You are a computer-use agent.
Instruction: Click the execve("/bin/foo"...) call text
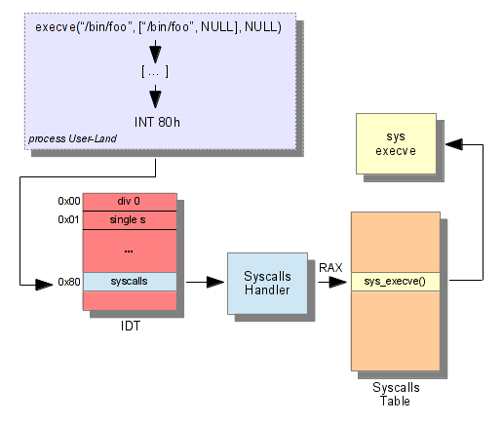(158, 27)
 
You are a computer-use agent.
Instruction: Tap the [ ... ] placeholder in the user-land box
(155, 71)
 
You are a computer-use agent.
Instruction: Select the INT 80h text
(157, 122)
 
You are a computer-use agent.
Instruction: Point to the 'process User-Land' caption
(72, 138)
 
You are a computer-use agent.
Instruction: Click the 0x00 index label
(69, 201)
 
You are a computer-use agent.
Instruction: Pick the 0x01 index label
(68, 219)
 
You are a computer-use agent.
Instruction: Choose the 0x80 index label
(69, 282)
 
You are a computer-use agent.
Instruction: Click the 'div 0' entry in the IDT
(130, 202)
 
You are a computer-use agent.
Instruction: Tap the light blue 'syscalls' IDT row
(130, 282)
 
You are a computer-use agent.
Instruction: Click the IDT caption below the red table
(131, 326)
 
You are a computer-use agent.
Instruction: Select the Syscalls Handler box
(267, 284)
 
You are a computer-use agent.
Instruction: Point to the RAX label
(330, 268)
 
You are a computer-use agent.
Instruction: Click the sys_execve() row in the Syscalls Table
(396, 282)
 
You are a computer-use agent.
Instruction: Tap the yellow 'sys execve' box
(396, 143)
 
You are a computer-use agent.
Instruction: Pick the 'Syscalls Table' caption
(396, 394)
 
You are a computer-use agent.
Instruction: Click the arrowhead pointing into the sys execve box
(454, 144)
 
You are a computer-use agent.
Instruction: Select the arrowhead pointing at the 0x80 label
(44, 285)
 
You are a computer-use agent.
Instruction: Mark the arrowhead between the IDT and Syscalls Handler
(215, 282)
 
